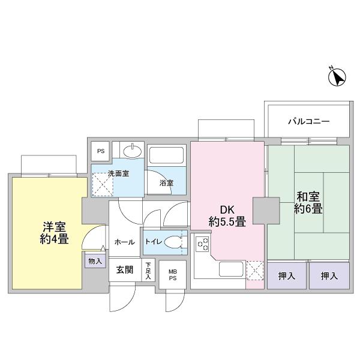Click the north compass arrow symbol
[337, 77]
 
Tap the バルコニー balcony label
[309, 121]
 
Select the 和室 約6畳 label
[308, 203]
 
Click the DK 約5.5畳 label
[227, 216]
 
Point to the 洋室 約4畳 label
[54, 233]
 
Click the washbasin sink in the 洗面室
[133, 151]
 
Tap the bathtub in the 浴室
[166, 155]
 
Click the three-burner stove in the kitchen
[202, 244]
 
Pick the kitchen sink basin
[231, 269]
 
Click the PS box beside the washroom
[100, 151]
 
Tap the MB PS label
[173, 275]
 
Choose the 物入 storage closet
[95, 261]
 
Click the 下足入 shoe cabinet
[148, 270]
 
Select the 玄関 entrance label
[124, 270]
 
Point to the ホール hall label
[124, 242]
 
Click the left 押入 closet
[287, 275]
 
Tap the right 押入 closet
[329, 275]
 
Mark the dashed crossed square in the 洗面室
[103, 185]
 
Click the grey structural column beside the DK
[266, 211]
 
